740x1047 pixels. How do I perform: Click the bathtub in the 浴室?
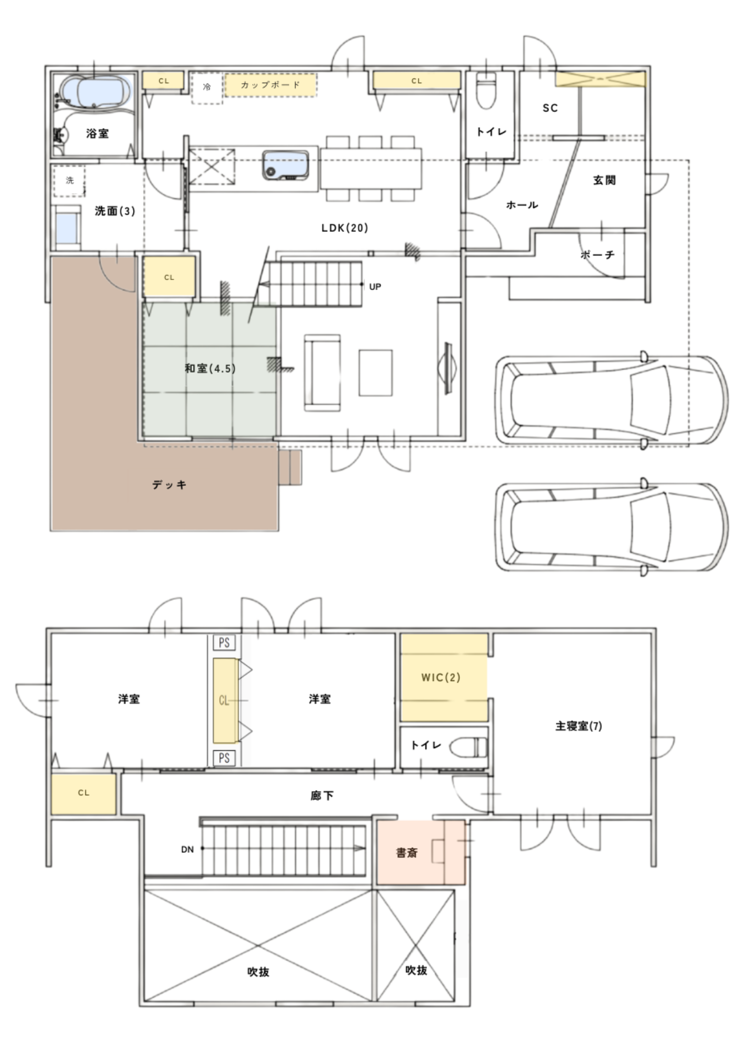click(95, 93)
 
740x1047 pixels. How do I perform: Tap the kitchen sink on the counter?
click(286, 164)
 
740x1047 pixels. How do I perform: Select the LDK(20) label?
click(345, 228)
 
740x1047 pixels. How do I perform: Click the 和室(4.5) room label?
click(210, 369)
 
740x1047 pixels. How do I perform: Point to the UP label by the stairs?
click(375, 287)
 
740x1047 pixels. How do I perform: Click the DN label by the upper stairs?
click(187, 850)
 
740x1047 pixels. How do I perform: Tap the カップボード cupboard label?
click(271, 85)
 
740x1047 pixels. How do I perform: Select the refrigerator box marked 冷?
click(207, 88)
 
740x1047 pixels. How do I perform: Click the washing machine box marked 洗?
click(69, 181)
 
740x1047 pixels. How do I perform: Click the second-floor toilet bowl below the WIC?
click(468, 747)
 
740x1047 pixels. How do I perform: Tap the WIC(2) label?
click(441, 677)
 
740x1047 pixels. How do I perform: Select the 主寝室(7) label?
click(579, 726)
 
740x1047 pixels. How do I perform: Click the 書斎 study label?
click(407, 853)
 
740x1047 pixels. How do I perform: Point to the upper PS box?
click(224, 643)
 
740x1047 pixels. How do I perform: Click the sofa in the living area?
click(322, 373)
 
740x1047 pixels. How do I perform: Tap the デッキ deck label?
click(170, 485)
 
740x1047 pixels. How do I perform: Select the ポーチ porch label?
click(598, 255)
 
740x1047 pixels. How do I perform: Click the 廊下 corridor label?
click(322, 796)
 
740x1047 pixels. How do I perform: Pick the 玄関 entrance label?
click(604, 180)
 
